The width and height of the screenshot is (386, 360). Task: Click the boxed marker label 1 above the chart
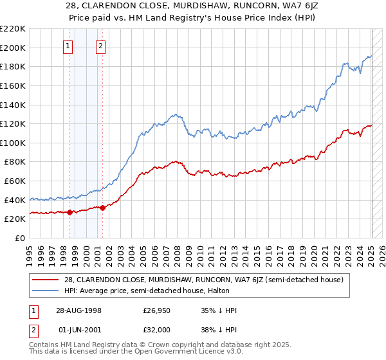69,46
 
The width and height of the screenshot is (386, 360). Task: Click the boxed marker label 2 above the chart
102,46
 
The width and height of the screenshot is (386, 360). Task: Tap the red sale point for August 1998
69,212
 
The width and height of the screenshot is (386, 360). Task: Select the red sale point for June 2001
102,208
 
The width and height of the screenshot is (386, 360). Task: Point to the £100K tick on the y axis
14,143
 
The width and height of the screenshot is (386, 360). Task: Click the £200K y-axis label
14,48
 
